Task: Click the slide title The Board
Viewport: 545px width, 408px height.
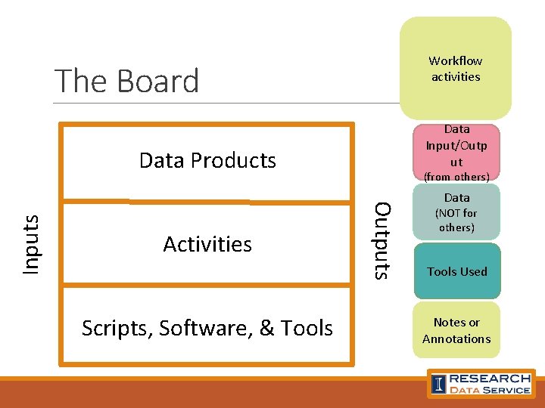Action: click(x=127, y=81)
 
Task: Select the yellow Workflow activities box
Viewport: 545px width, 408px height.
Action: click(x=456, y=69)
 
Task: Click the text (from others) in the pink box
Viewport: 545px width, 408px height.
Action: click(x=456, y=177)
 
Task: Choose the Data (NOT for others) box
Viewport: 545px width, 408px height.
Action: click(x=456, y=213)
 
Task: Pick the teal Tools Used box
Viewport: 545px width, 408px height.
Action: click(x=456, y=271)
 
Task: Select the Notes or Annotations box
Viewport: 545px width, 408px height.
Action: click(x=456, y=331)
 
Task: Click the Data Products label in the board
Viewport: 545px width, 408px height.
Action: click(x=207, y=160)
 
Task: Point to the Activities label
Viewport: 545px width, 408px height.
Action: click(x=207, y=244)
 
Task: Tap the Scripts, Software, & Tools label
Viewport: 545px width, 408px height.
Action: click(x=207, y=328)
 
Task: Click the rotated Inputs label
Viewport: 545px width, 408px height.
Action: click(x=31, y=244)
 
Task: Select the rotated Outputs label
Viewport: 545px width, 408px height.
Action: click(x=383, y=240)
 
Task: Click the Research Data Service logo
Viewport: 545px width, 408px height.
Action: click(x=481, y=383)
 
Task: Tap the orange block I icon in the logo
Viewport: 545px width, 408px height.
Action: click(x=439, y=384)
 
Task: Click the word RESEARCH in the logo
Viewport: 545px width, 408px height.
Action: click(x=490, y=378)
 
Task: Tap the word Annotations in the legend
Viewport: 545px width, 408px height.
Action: click(x=456, y=339)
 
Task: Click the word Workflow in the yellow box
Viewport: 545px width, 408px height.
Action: click(x=456, y=60)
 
